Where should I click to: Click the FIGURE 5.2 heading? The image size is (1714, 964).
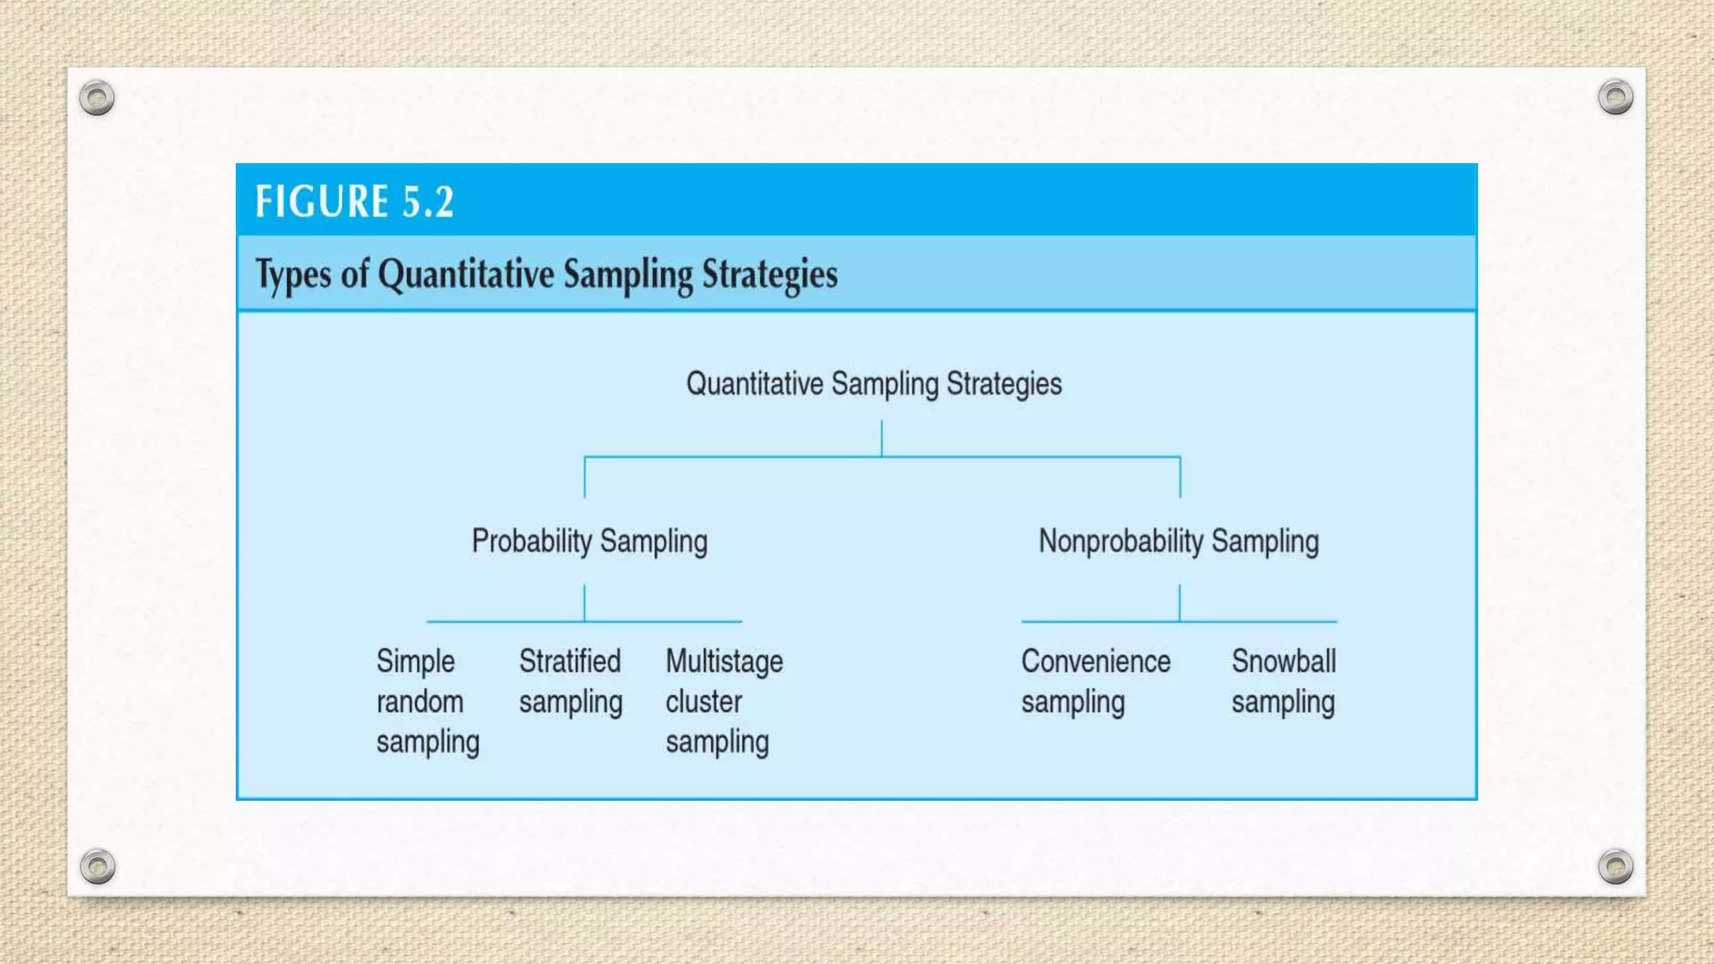pyautogui.click(x=355, y=202)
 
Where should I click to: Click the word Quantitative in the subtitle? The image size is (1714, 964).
pyautogui.click(x=465, y=274)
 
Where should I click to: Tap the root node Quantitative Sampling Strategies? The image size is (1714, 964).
pyautogui.click(x=874, y=384)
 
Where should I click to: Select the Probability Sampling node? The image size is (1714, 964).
pyautogui.click(x=589, y=541)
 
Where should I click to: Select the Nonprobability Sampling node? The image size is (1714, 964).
pyautogui.click(x=1178, y=541)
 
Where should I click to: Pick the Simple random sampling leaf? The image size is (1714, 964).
pyautogui.click(x=427, y=701)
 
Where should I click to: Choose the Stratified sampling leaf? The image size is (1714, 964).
pyautogui.click(x=571, y=681)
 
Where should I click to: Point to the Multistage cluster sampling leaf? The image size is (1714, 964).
pyautogui.click(x=724, y=701)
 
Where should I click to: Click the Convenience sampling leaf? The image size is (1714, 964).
pyautogui.click(x=1095, y=681)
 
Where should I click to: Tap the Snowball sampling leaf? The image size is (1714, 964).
pyautogui.click(x=1283, y=681)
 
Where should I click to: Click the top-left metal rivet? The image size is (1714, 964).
pyautogui.click(x=97, y=98)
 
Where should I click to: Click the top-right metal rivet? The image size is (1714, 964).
pyautogui.click(x=1615, y=97)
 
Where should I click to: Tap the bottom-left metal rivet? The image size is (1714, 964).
pyautogui.click(x=97, y=866)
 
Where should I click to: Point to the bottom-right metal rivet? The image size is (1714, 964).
pyautogui.click(x=1615, y=866)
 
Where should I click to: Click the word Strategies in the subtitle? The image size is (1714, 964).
pyautogui.click(x=769, y=274)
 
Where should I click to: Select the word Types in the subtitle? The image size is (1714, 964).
pyautogui.click(x=293, y=274)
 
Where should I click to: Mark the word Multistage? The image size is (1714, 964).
pyautogui.click(x=724, y=661)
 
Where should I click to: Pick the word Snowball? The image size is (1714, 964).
pyautogui.click(x=1283, y=661)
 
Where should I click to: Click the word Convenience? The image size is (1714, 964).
pyautogui.click(x=1095, y=661)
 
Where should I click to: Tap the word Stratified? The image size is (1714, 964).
pyautogui.click(x=570, y=661)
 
